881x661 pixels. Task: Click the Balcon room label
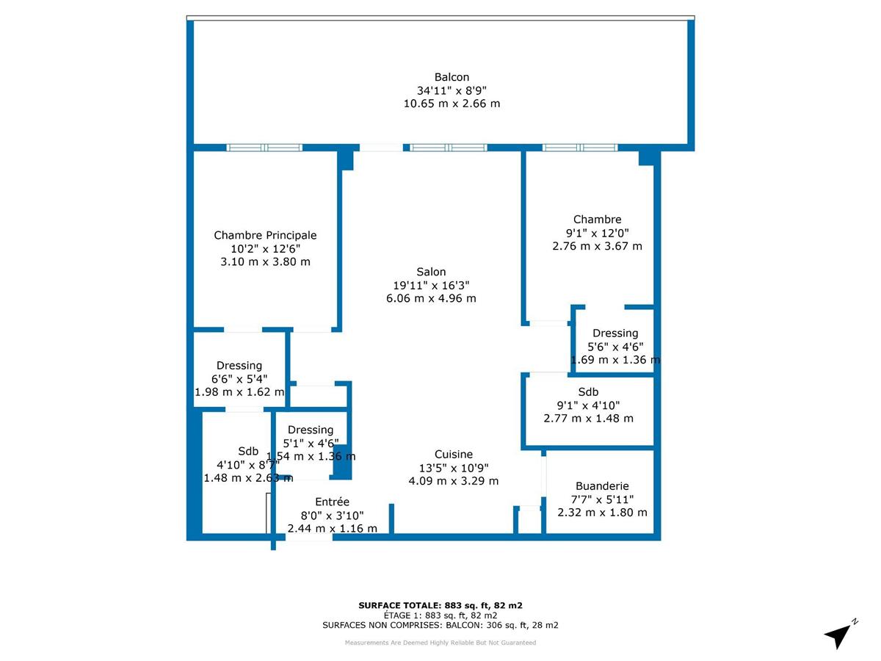(452, 77)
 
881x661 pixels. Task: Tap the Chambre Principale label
(265, 235)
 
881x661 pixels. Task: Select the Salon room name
(430, 272)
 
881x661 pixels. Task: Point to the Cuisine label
(453, 454)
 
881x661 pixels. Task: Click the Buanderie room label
(602, 485)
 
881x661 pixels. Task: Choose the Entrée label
(332, 502)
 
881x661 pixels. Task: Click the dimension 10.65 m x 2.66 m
(452, 104)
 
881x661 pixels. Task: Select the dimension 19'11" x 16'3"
(430, 285)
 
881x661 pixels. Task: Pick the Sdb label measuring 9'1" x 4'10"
(588, 391)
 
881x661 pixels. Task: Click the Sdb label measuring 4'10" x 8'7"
(248, 451)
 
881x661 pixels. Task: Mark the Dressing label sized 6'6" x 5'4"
(239, 365)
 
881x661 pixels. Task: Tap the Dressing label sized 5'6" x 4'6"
(615, 333)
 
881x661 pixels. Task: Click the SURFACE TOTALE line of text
(440, 605)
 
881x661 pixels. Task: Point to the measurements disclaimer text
(440, 643)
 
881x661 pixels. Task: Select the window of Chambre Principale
(264, 148)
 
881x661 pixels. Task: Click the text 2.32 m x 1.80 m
(602, 512)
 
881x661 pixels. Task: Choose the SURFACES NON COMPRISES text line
(440, 625)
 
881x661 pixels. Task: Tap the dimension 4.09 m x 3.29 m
(453, 481)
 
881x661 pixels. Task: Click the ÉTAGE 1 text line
(440, 615)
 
